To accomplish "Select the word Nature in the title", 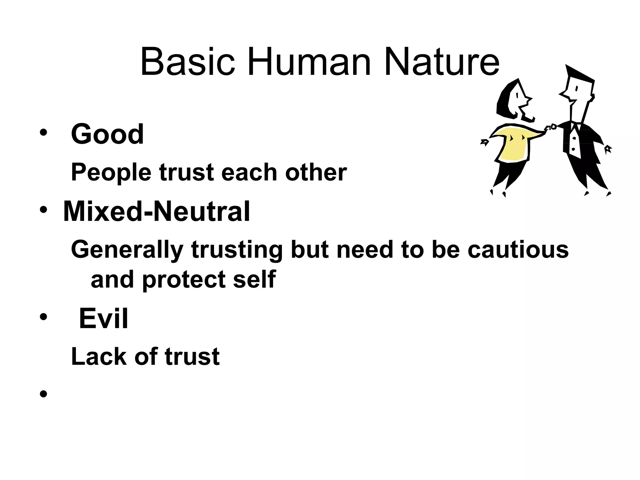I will click(442, 62).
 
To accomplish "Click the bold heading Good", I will click(107, 134).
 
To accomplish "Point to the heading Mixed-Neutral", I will click(156, 212).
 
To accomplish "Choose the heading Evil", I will click(103, 319).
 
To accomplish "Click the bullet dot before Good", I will click(43, 132).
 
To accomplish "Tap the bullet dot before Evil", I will click(43, 317).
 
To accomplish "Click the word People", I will click(111, 172).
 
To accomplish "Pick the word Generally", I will click(127, 250).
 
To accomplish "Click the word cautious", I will click(518, 250).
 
